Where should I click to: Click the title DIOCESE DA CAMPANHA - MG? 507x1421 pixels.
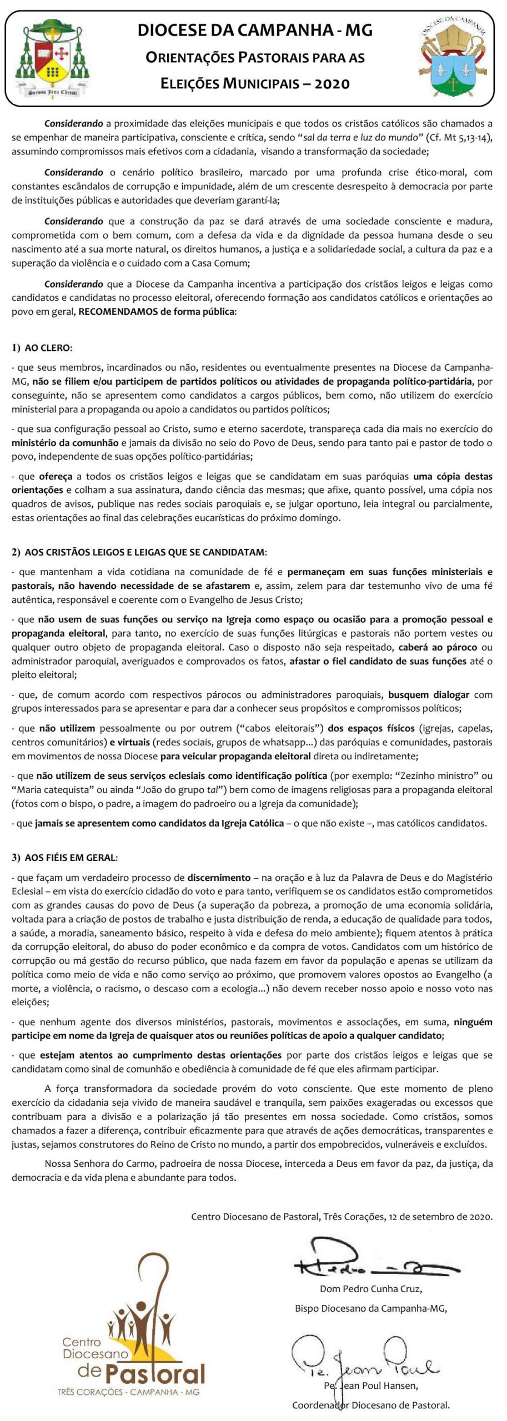[x=255, y=30]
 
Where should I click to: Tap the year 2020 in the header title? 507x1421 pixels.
[x=332, y=84]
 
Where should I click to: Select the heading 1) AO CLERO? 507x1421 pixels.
[x=42, y=348]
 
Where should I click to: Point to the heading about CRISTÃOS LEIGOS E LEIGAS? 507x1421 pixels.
[x=139, y=552]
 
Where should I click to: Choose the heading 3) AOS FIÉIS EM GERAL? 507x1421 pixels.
[x=65, y=858]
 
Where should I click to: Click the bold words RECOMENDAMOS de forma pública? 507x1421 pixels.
[x=157, y=311]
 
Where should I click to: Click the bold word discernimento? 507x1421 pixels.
[x=219, y=878]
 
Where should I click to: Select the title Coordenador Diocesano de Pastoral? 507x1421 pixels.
[x=370, y=1405]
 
